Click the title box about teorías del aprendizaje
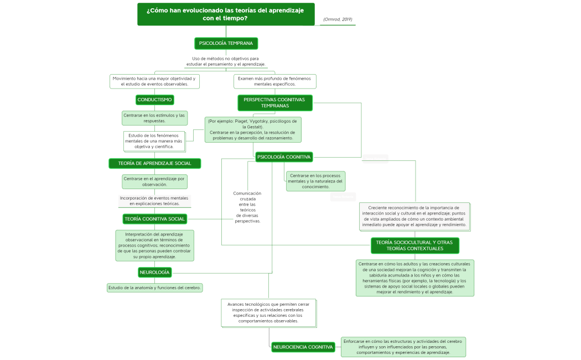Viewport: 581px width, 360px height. point(226,14)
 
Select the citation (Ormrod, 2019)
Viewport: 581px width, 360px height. point(338,20)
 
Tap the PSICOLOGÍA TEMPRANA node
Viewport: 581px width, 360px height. point(226,43)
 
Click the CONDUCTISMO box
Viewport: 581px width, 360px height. point(155,100)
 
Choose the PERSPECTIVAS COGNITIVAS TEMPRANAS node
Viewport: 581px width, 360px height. point(274,102)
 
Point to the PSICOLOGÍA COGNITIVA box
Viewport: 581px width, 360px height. point(284,157)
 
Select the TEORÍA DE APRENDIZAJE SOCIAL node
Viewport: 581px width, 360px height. point(154,163)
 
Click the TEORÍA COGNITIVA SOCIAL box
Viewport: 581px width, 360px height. point(155,219)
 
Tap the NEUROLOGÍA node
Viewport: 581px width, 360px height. point(154,272)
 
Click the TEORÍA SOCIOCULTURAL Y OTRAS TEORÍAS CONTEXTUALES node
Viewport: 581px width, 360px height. point(414,246)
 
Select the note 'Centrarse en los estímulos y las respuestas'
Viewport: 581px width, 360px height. point(154,118)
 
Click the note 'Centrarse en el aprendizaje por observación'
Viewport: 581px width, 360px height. point(154,181)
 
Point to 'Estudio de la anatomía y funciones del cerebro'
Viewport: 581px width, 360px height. point(155,288)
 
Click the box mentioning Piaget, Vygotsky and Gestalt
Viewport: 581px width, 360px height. point(253,129)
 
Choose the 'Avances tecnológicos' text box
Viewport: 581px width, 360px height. point(269,313)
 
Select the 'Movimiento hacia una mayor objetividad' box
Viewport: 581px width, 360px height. point(154,81)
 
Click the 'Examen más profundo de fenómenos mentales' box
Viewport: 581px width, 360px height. point(274,81)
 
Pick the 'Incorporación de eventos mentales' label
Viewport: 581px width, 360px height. point(154,201)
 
